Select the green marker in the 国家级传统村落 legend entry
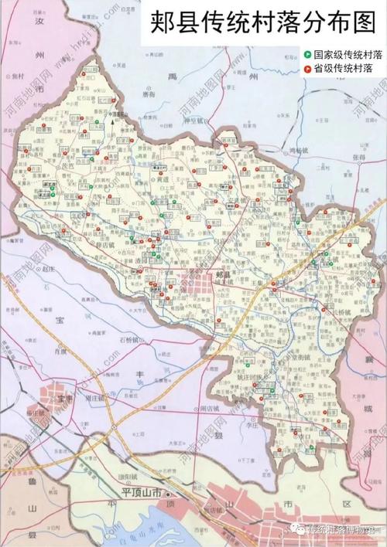coord(308,56)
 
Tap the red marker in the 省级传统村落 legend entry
coord(308,70)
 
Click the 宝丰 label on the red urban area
coord(64,399)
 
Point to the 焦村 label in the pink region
coord(16,76)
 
